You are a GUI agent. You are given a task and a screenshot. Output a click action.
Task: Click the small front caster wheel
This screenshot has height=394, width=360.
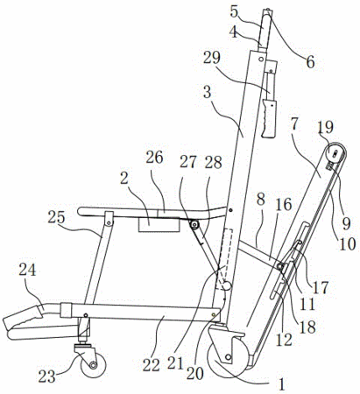93,365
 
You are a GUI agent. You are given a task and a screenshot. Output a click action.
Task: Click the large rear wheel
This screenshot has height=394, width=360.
228,356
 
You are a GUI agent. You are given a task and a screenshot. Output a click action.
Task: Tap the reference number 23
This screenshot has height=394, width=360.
46,376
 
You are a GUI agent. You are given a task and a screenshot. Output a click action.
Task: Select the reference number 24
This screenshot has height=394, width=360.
27,271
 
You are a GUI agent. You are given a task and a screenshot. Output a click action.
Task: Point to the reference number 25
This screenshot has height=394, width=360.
57,218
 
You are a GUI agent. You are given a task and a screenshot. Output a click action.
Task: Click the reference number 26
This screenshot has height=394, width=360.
154,158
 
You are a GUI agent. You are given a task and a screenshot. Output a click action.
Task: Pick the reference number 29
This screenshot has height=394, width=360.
212,58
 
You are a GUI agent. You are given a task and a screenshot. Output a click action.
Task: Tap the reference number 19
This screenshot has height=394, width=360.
326,127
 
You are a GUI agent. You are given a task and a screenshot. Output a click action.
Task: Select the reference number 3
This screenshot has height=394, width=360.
207,92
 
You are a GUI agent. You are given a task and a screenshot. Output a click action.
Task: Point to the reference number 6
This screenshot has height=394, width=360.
310,62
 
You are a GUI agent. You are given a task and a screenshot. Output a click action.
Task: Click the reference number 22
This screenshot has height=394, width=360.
152,365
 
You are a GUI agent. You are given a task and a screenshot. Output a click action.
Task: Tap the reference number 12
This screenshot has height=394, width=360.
284,340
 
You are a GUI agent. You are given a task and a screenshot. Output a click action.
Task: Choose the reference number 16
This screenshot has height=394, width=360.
283,205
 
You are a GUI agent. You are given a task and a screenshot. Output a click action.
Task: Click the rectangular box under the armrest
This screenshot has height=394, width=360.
159,224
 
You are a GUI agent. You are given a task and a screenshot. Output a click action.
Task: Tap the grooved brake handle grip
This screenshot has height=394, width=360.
269,118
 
